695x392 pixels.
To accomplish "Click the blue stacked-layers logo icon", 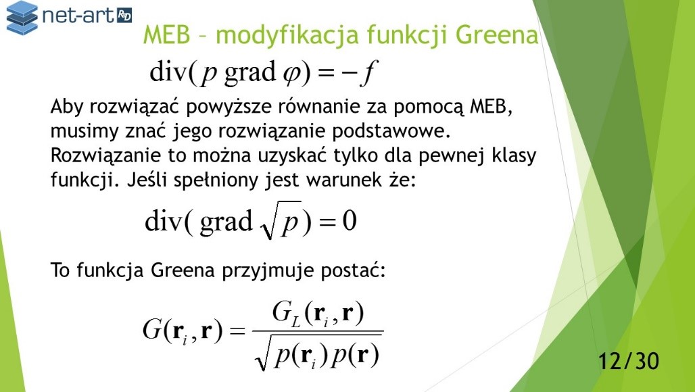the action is pyautogui.click(x=22, y=18).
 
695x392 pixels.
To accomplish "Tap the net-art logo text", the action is pyautogui.click(x=78, y=16).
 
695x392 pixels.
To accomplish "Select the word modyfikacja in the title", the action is pyautogui.click(x=287, y=36).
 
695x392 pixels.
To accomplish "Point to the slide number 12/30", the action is pyautogui.click(x=629, y=361).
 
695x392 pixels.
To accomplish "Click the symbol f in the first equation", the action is pyautogui.click(x=368, y=73).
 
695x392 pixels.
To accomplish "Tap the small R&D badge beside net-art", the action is pyautogui.click(x=124, y=16).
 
